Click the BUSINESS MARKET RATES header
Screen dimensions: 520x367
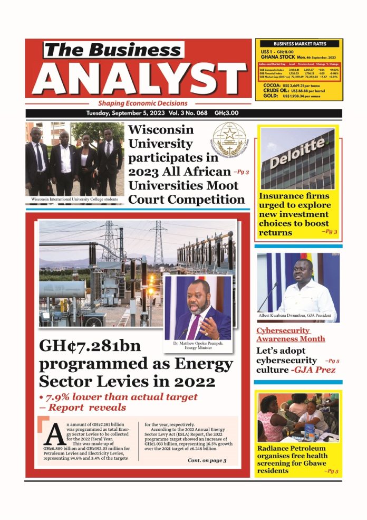pyautogui.click(x=299, y=44)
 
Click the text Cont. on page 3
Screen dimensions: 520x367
pyautogui.click(x=207, y=460)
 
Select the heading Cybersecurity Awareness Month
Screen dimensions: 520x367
pyautogui.click(x=291, y=335)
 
